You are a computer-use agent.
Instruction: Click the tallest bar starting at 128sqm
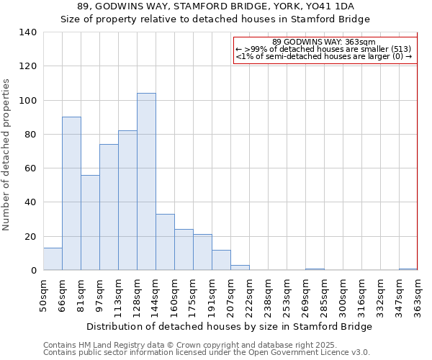click(x=146, y=181)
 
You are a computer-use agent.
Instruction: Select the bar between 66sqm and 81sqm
click(x=71, y=193)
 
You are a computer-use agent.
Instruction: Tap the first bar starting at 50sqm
click(x=53, y=258)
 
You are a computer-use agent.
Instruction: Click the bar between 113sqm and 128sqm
click(x=127, y=200)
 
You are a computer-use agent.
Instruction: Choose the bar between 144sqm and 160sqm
click(x=165, y=242)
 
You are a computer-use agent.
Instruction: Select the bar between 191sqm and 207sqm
click(x=221, y=260)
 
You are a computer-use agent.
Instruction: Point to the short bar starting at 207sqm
click(x=240, y=267)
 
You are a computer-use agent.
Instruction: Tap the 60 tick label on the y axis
click(x=30, y=168)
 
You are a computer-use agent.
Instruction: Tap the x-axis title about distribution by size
click(x=230, y=326)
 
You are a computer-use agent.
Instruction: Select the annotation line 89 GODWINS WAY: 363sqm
click(x=324, y=42)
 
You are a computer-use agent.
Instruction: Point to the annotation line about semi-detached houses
click(x=324, y=56)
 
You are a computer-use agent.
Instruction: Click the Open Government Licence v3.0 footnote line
click(x=207, y=352)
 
